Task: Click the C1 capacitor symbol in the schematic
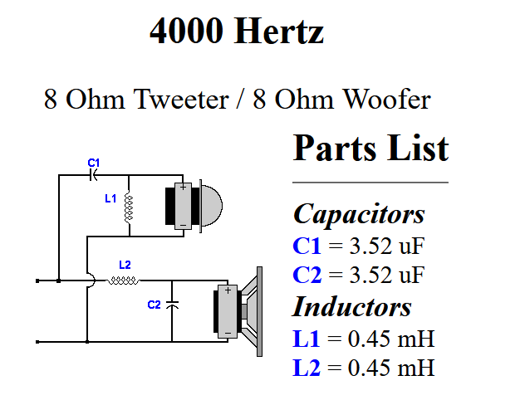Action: pyautogui.click(x=93, y=174)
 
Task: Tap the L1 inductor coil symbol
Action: pyautogui.click(x=129, y=207)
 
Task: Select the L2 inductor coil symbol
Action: pyautogui.click(x=123, y=280)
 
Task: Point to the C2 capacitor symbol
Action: pyautogui.click(x=172, y=305)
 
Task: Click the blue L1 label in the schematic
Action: pyautogui.click(x=110, y=198)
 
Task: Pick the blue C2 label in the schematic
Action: pyautogui.click(x=154, y=305)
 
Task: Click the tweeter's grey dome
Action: pyautogui.click(x=212, y=205)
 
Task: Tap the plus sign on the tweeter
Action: pyautogui.click(x=183, y=188)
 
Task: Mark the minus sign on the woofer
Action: pyautogui.click(x=228, y=333)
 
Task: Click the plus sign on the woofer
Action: pyautogui.click(x=228, y=290)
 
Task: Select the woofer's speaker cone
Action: pyautogui.click(x=250, y=311)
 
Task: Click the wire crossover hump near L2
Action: pyautogui.click(x=91, y=280)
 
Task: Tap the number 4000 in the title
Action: pyautogui.click(x=187, y=31)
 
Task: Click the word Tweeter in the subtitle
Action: pyautogui.click(x=181, y=99)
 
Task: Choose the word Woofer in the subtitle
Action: pyautogui.click(x=387, y=99)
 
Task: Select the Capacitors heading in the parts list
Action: pyautogui.click(x=359, y=214)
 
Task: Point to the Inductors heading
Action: pyautogui.click(x=352, y=306)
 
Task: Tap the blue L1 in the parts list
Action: pyautogui.click(x=307, y=339)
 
